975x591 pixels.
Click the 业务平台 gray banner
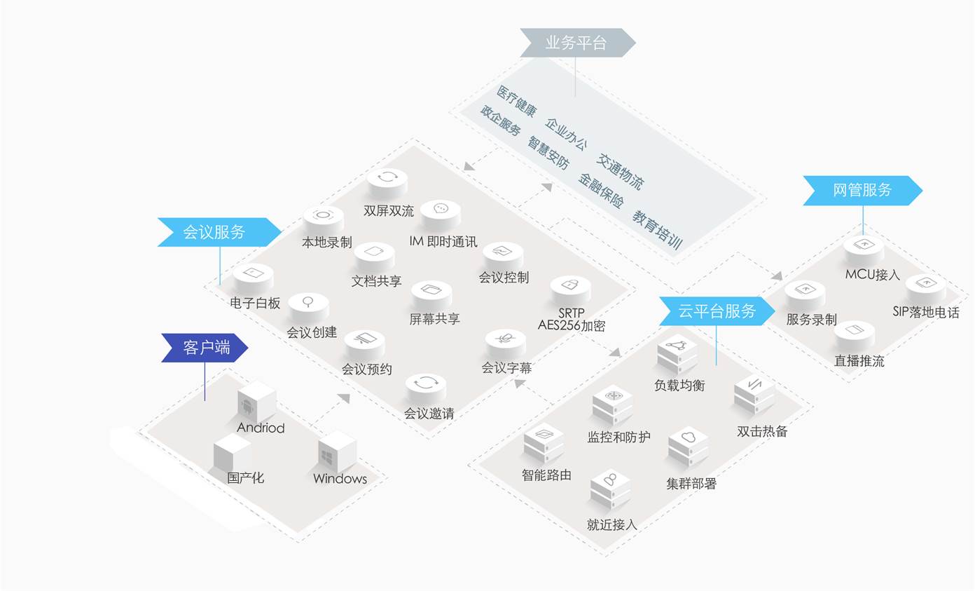(576, 43)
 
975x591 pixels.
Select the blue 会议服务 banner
(214, 232)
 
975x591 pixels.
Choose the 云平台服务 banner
(717, 311)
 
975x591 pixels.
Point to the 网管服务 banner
(862, 190)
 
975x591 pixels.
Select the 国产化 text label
(245, 478)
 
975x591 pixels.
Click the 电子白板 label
(255, 304)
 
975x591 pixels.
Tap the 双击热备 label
(762, 432)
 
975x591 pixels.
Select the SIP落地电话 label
(925, 313)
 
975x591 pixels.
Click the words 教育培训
(657, 229)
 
